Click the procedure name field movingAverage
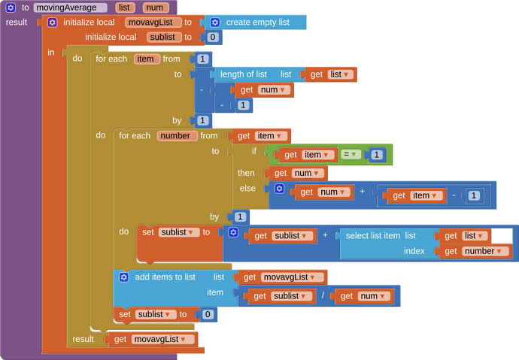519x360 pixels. pyautogui.click(x=71, y=8)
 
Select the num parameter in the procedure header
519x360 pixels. pyautogui.click(x=156, y=8)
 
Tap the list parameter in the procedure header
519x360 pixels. pyautogui.click(x=126, y=8)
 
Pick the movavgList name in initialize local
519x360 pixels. pyautogui.click(x=153, y=23)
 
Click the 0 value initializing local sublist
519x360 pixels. pyautogui.click(x=213, y=37)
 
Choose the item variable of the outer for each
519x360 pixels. pyautogui.click(x=147, y=59)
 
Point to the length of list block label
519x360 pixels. pyautogui.click(x=243, y=74)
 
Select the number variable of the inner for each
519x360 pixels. pyautogui.click(x=178, y=136)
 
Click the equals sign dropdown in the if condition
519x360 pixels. pyautogui.click(x=351, y=155)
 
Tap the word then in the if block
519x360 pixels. pyautogui.click(x=246, y=173)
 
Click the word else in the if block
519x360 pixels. pyautogui.click(x=247, y=188)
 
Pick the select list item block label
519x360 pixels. pyautogui.click(x=372, y=235)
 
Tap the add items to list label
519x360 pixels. pyautogui.click(x=165, y=277)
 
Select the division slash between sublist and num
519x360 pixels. pyautogui.click(x=323, y=296)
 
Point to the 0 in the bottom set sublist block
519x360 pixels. pyautogui.click(x=208, y=314)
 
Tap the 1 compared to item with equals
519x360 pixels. pyautogui.click(x=377, y=155)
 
